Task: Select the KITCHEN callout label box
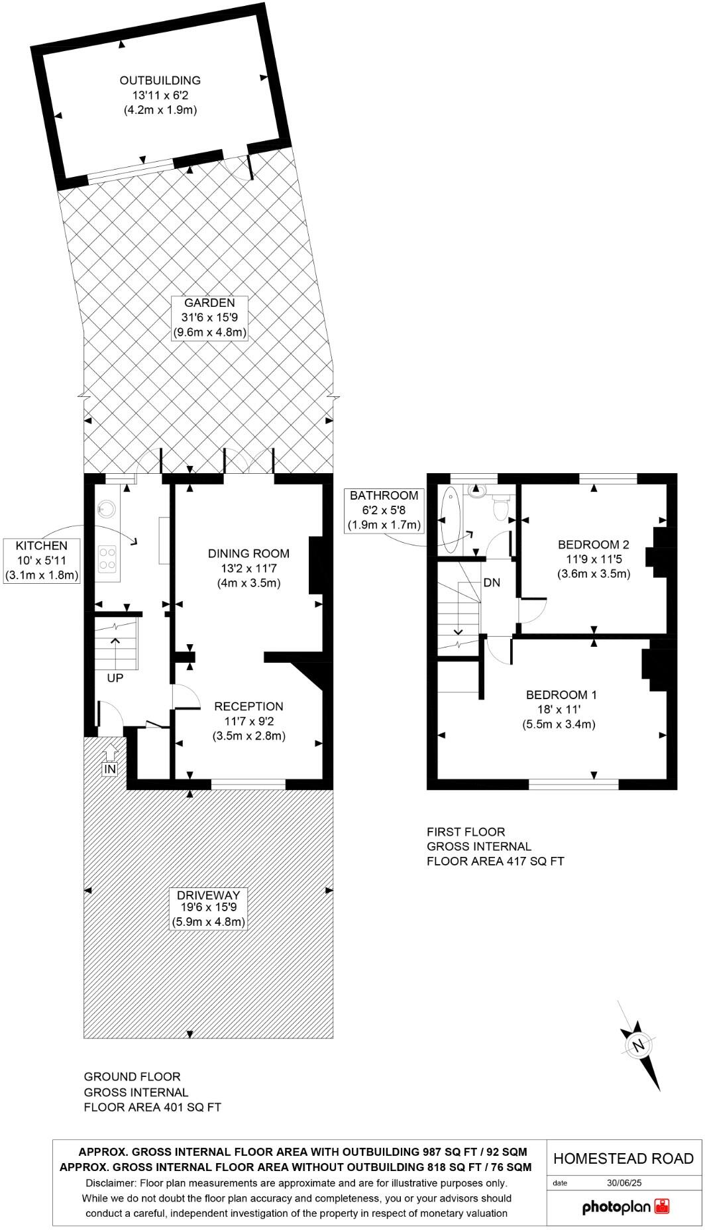pyautogui.click(x=42, y=561)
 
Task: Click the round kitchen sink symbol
pyautogui.click(x=105, y=510)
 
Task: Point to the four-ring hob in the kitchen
pyautogui.click(x=107, y=558)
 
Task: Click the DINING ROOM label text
pyautogui.click(x=249, y=553)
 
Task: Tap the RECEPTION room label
pyautogui.click(x=248, y=706)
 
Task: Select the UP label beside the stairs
pyautogui.click(x=115, y=678)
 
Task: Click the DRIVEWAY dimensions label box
pyautogui.click(x=209, y=908)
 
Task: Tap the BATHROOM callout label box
pyautogui.click(x=384, y=510)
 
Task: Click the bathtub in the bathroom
pyautogui.click(x=451, y=520)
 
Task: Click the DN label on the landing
pyautogui.click(x=492, y=583)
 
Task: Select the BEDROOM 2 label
pyautogui.click(x=594, y=545)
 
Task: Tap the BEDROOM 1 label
pyautogui.click(x=561, y=695)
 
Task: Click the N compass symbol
pyautogui.click(x=639, y=1046)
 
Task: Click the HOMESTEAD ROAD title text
pyautogui.click(x=624, y=1158)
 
